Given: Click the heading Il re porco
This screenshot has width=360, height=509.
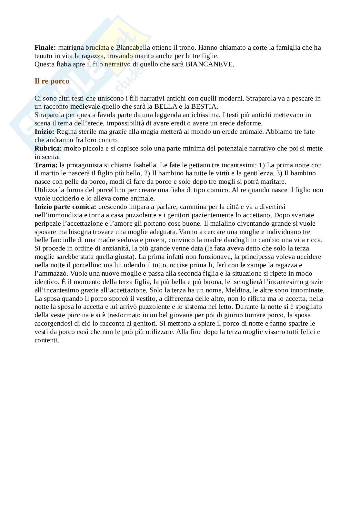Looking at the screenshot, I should pos(52,81).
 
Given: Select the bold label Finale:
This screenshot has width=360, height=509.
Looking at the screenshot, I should pos(45,48).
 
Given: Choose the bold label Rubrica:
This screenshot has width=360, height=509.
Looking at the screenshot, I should pos(48,149).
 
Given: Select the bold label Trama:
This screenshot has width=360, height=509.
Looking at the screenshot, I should pos(46,165).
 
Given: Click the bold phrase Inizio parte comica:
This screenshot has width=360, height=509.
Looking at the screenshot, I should pos(65,207).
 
